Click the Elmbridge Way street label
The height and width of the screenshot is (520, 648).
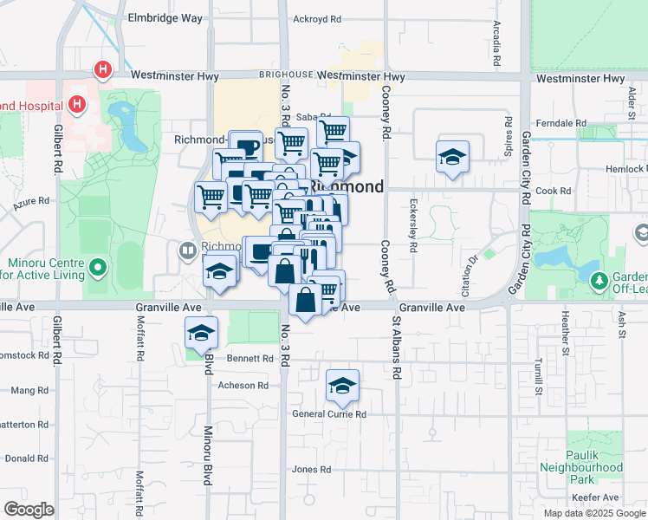click(164, 17)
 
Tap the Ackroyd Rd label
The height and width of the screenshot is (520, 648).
click(319, 17)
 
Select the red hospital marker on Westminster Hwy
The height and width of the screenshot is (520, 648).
click(103, 69)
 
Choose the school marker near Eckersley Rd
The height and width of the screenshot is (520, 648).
click(452, 157)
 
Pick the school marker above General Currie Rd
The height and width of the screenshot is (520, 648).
click(343, 386)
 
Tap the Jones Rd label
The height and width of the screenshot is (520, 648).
click(312, 469)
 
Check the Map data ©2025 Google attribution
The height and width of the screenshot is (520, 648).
click(593, 513)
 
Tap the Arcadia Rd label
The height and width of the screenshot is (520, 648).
click(497, 45)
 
